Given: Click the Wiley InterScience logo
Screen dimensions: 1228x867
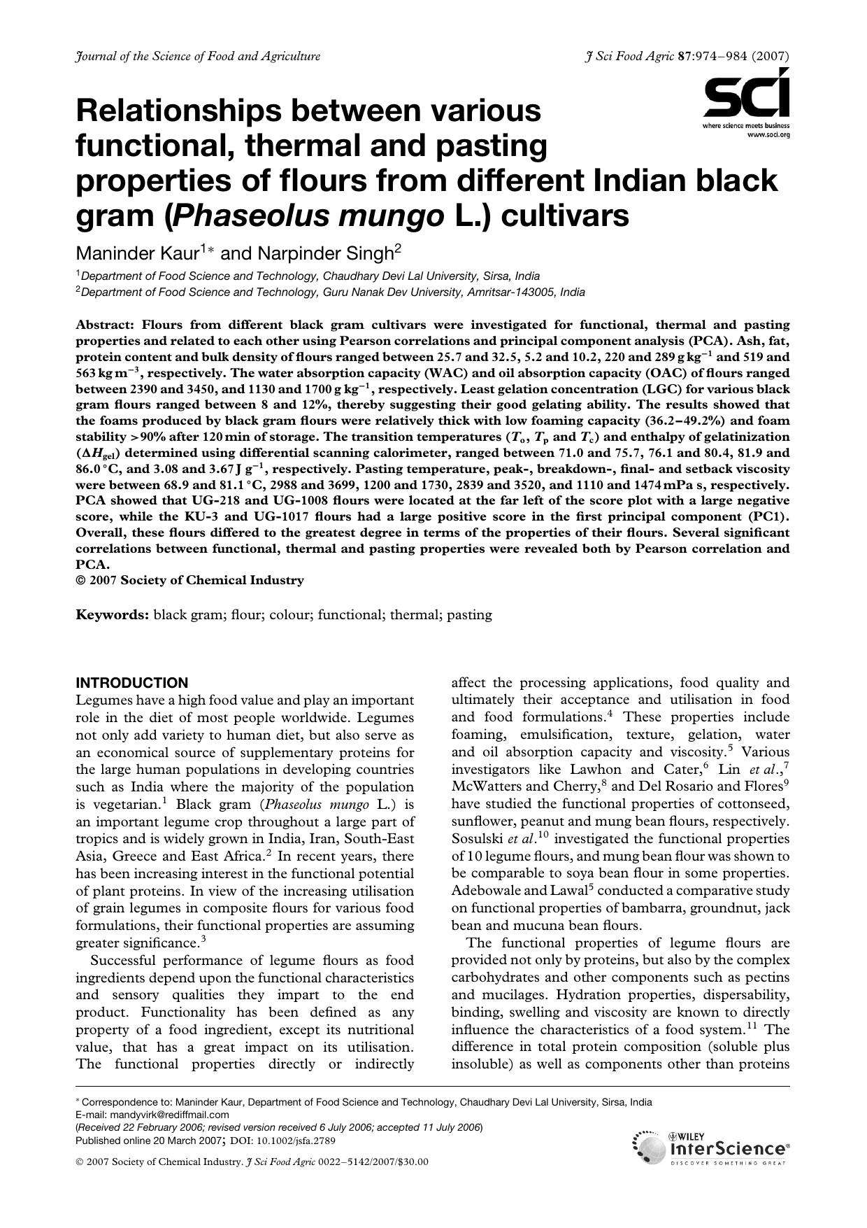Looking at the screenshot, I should click(712, 1148).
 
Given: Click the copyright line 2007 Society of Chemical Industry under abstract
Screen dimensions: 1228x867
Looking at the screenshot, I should click(195, 580).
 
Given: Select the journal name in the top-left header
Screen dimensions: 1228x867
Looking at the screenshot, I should click(198, 57).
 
